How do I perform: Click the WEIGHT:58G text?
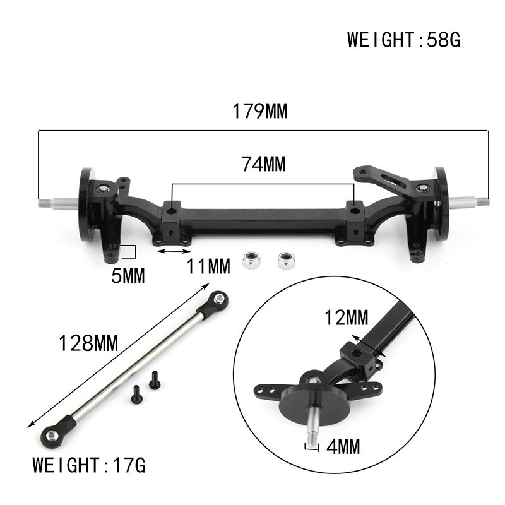[x=404, y=40]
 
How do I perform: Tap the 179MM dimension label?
[x=259, y=112]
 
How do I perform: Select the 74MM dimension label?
[x=263, y=164]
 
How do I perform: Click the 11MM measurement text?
[x=208, y=267]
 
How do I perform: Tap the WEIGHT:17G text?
[x=89, y=466]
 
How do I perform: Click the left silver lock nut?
[x=252, y=259]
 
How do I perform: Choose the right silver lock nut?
[x=287, y=259]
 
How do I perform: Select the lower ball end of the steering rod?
[x=49, y=434]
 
